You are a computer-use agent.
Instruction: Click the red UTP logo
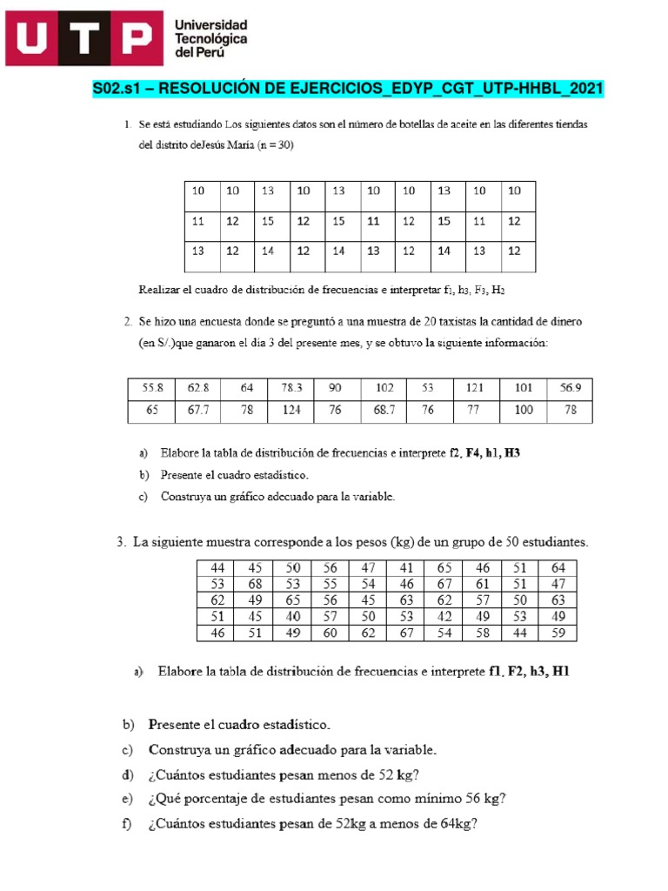(83, 39)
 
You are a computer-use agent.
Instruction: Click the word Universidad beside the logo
(211, 24)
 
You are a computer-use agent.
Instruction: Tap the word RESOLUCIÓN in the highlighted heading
(208, 89)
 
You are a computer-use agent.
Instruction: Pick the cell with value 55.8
(152, 387)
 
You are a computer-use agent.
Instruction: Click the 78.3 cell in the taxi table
(291, 387)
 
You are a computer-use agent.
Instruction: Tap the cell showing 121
(474, 387)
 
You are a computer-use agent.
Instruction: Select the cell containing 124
(291, 410)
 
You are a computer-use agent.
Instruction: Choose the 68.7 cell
(384, 410)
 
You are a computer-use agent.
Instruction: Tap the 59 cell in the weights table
(558, 633)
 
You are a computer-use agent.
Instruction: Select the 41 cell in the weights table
(406, 567)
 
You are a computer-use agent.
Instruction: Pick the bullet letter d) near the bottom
(129, 774)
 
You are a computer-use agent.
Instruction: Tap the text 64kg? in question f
(458, 824)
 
